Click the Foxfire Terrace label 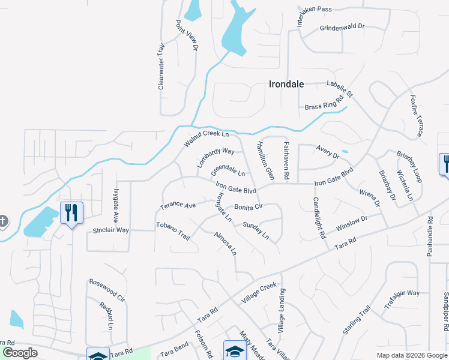click(417, 114)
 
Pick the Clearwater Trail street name click(161, 67)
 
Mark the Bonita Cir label click(249, 207)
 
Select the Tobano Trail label click(173, 231)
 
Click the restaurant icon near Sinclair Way click(71, 212)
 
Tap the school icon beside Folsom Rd click(235, 350)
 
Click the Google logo click(20, 353)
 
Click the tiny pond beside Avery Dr click(345, 151)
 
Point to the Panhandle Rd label click(430, 236)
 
